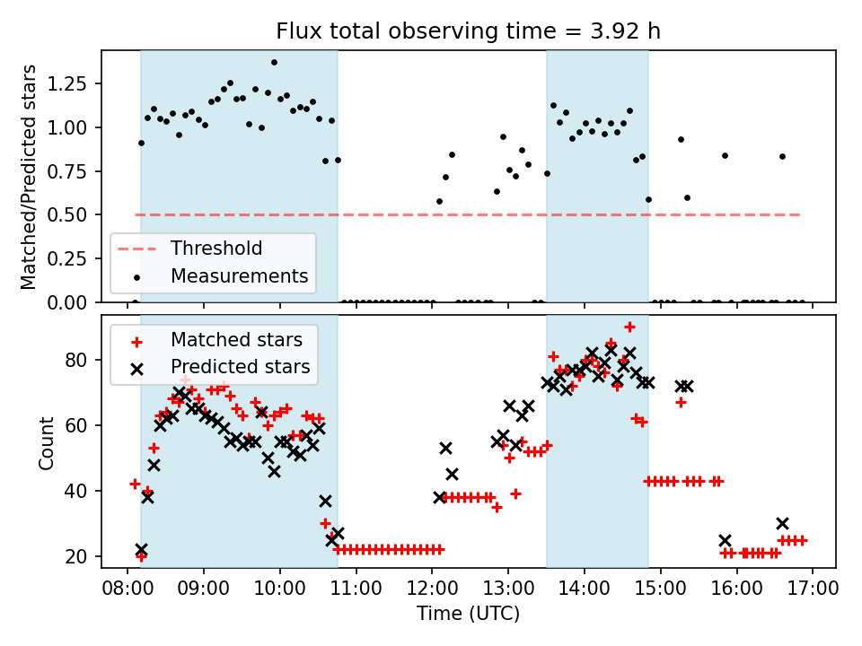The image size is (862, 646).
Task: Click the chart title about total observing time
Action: pos(468,31)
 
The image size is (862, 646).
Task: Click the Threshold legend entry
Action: pos(216,249)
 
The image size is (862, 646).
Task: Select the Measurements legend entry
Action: pos(240,275)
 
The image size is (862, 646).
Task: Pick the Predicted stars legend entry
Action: pos(240,367)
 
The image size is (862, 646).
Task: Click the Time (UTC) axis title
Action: pos(468,615)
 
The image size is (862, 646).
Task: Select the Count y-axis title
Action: pos(46,442)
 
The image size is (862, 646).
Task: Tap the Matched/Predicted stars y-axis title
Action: pos(29,176)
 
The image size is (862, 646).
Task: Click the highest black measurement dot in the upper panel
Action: pos(274,63)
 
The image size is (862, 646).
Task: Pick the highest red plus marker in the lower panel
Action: pos(629,327)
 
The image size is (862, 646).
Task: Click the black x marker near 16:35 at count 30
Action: pos(782,524)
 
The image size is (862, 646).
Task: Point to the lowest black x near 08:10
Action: pos(141,550)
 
